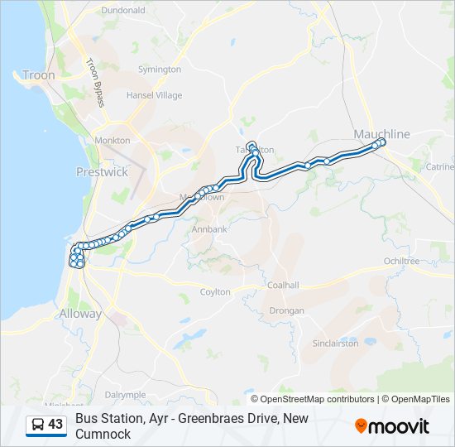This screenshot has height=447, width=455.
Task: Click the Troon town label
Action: click(x=39, y=75)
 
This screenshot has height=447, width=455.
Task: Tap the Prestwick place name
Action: click(x=102, y=172)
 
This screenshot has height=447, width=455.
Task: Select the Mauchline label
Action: click(x=381, y=133)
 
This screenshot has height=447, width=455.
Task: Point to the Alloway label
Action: click(x=80, y=314)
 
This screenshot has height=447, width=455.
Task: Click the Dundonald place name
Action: click(x=122, y=11)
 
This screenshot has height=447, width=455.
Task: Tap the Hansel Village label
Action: click(x=154, y=95)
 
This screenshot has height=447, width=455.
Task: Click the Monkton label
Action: click(x=113, y=141)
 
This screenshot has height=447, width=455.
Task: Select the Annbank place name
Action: click(x=209, y=228)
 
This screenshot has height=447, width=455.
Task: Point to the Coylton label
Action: click(x=215, y=291)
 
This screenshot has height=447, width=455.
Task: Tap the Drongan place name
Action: click(x=287, y=310)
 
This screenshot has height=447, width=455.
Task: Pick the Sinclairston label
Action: click(x=335, y=342)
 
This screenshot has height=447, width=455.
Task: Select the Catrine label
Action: click(x=439, y=166)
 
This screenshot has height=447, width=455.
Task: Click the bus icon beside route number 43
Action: click(x=38, y=425)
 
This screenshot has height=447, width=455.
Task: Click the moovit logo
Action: click(x=392, y=426)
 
